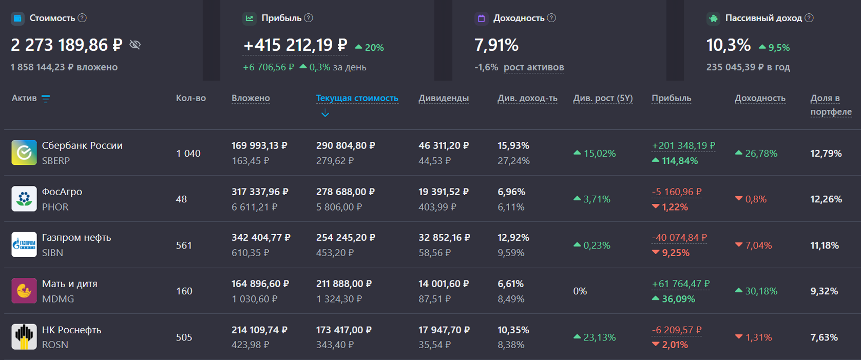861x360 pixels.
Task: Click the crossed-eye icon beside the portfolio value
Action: pyautogui.click(x=135, y=45)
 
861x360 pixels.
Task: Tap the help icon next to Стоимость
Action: pyautogui.click(x=82, y=18)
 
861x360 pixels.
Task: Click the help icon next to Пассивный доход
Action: pyautogui.click(x=809, y=18)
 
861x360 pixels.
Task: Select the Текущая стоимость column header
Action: pyautogui.click(x=357, y=98)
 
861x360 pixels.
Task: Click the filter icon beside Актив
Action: pyautogui.click(x=46, y=99)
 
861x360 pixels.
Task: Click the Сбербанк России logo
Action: pyautogui.click(x=24, y=153)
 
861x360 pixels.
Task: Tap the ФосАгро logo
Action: pyautogui.click(x=24, y=199)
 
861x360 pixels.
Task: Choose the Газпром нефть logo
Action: pyautogui.click(x=24, y=244)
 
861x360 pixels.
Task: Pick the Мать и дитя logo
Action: pyautogui.click(x=24, y=291)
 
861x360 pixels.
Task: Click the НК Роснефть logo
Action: pyautogui.click(x=24, y=337)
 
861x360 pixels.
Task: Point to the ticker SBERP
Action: pyautogui.click(x=56, y=161)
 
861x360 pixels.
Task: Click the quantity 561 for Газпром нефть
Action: pyautogui.click(x=184, y=245)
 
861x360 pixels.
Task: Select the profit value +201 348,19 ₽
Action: pyautogui.click(x=683, y=146)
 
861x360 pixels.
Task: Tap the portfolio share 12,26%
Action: pyautogui.click(x=826, y=199)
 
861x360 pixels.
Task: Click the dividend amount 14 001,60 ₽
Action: pyautogui.click(x=444, y=284)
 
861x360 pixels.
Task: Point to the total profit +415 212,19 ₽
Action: pyautogui.click(x=295, y=45)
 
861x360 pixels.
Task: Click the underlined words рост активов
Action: pyautogui.click(x=534, y=67)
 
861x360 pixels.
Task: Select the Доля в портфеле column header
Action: pyautogui.click(x=831, y=105)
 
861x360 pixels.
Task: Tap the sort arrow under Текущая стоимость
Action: pyautogui.click(x=325, y=113)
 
